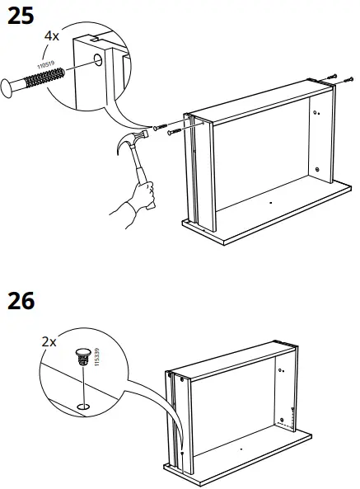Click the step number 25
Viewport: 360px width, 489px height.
point(24,16)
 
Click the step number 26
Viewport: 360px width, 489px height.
point(24,302)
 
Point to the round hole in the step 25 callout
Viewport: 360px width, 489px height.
point(99,60)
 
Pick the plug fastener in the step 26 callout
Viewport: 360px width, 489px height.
point(82,357)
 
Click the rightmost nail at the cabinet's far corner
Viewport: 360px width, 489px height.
point(334,77)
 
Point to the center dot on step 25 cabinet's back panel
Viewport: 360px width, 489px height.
point(269,200)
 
